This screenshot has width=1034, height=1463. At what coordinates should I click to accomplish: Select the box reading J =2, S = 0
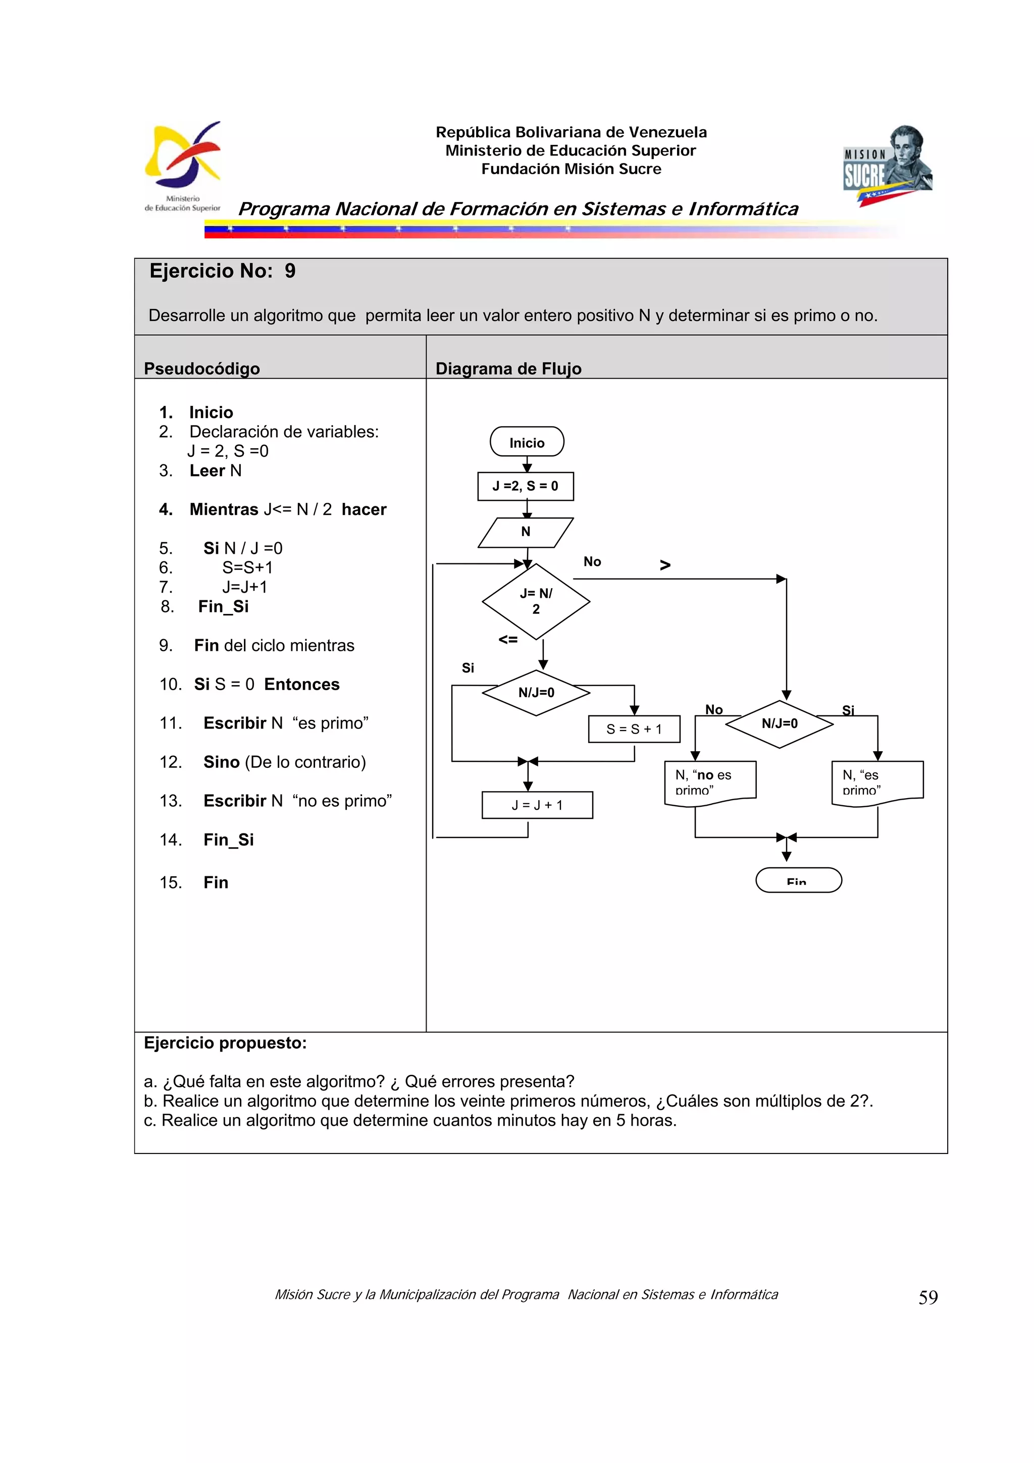[525, 486]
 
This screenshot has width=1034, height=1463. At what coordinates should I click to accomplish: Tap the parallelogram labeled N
[526, 532]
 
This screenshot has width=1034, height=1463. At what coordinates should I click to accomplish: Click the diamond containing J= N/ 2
[536, 601]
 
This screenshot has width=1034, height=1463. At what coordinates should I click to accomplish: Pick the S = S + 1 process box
[634, 729]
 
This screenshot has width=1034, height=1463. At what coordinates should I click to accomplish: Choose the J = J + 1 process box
[537, 805]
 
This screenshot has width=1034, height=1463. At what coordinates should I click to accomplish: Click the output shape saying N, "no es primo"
[710, 782]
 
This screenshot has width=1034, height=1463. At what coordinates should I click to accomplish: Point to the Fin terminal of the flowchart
[798, 880]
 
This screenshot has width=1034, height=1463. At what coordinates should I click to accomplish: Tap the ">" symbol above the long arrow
[665, 564]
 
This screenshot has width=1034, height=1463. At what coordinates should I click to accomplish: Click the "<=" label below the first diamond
[508, 639]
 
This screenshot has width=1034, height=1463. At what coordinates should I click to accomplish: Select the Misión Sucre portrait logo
[888, 165]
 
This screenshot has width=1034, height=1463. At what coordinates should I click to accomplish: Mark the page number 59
[927, 1297]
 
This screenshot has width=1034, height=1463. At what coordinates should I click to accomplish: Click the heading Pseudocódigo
[201, 369]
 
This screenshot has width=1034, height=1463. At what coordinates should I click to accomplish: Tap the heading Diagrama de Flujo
[508, 369]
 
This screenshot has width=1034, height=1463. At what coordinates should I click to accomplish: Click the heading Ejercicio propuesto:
[225, 1042]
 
